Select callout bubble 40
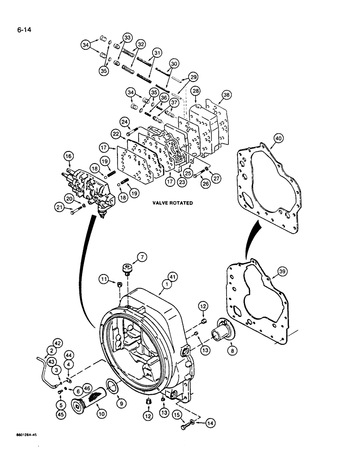278,138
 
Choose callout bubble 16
69,156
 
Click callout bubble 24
125,123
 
